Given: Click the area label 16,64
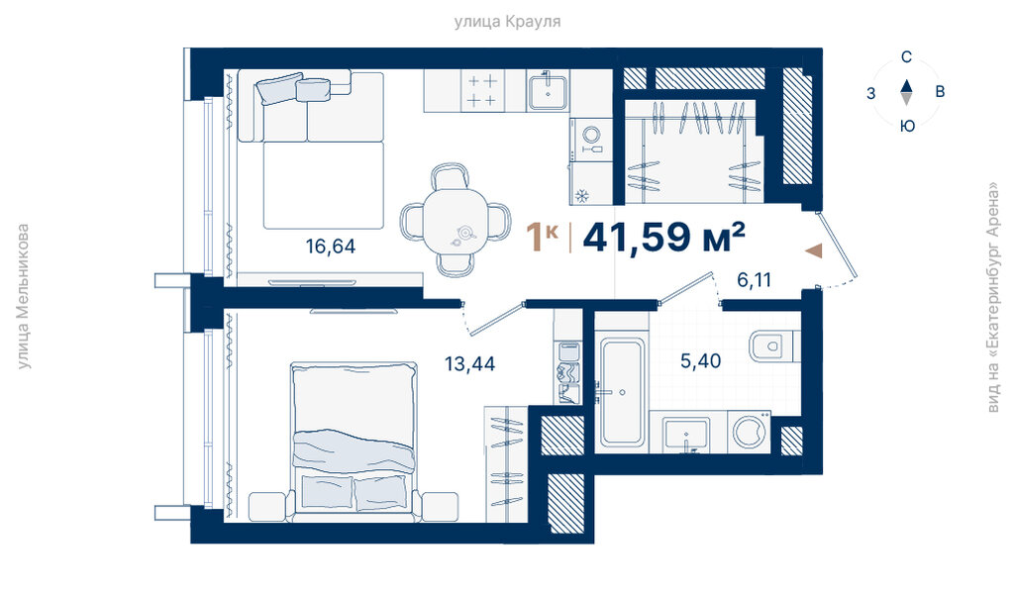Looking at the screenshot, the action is tap(331, 247).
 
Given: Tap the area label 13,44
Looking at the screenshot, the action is tap(469, 364).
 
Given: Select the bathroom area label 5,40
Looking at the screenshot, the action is tap(700, 360).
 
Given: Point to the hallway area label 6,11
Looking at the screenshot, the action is tap(754, 280).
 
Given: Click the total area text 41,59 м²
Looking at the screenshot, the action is tap(664, 237).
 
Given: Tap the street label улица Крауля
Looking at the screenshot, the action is tap(507, 22).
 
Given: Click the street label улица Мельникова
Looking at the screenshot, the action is tap(24, 297).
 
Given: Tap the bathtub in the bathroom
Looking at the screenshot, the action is tap(622, 392).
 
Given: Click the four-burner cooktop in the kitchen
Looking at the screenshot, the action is tap(482, 90).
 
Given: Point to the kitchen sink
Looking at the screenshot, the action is tap(547, 92).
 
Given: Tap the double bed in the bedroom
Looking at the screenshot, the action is tap(354, 442).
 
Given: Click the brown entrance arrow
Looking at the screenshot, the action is tap(814, 250).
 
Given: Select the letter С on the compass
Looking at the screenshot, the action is tap(907, 57).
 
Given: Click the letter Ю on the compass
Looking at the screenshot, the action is tap(907, 126).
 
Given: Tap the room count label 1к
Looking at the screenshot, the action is tap(542, 236).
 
